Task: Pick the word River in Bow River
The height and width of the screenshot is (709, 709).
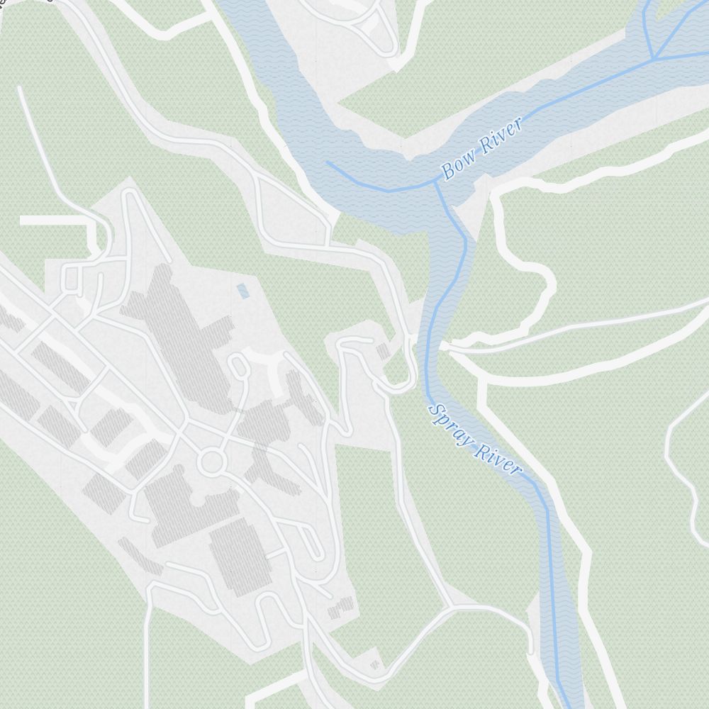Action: (x=501, y=135)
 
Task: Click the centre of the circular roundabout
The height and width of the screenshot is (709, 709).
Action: (x=211, y=462)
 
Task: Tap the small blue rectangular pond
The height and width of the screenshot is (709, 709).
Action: (x=243, y=291)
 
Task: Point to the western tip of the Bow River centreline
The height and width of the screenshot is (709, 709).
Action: (x=327, y=162)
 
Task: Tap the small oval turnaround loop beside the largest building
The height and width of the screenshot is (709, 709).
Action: (x=240, y=366)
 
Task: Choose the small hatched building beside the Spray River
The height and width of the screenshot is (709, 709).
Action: (x=383, y=351)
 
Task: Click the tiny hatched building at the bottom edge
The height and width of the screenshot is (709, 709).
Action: (x=375, y=664)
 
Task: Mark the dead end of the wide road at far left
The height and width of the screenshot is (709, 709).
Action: (x=21, y=221)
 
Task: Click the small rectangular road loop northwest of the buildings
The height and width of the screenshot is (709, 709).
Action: (x=71, y=278)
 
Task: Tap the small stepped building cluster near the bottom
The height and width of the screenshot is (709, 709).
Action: (x=341, y=608)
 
